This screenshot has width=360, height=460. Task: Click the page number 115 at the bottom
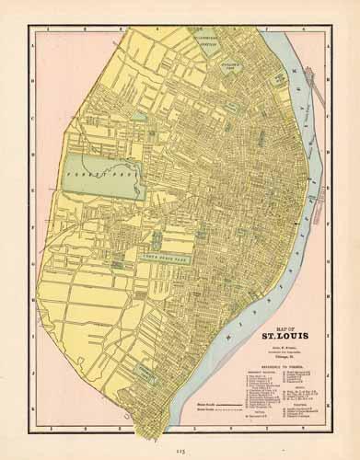[x=180, y=448]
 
